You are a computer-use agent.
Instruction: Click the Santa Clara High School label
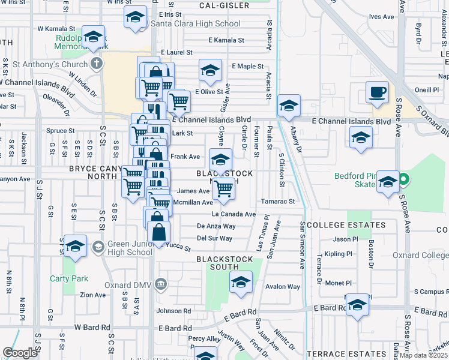(195, 24)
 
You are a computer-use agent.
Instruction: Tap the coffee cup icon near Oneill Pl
(377, 92)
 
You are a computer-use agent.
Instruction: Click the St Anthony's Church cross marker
(96, 64)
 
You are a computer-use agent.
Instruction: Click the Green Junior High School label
(130, 248)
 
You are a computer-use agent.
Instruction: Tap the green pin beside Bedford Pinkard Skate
(405, 179)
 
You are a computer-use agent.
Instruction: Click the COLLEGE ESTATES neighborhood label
(346, 225)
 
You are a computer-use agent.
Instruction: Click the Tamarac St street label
(278, 202)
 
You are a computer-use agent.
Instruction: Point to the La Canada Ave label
(234, 214)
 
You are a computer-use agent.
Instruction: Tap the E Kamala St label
(226, 40)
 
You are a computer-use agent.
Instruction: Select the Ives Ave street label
(381, 17)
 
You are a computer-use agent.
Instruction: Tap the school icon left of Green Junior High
(76, 246)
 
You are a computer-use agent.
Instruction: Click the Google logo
(20, 353)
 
